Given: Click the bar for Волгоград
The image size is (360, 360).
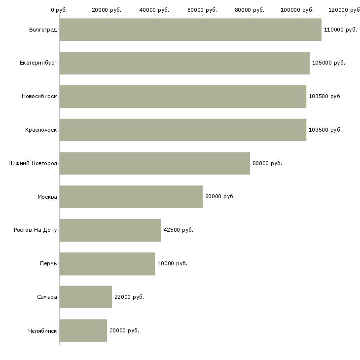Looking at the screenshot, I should [x=190, y=30].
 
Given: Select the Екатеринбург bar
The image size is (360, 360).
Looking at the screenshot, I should [x=184, y=63].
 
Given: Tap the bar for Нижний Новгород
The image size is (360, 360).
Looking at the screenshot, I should [x=154, y=163].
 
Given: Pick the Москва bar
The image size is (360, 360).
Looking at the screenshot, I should [x=131, y=197].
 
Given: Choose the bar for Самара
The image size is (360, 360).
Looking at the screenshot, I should [x=85, y=297].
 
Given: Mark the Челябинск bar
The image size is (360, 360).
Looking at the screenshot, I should [x=83, y=330].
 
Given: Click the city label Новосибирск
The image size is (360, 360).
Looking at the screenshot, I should [x=39, y=97].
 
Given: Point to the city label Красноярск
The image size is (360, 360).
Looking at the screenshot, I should [x=41, y=130].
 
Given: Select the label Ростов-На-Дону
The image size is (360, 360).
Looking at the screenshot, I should [x=36, y=230].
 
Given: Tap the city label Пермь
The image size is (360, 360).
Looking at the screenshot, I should [x=48, y=263].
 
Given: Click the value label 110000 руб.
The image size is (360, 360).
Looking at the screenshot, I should [x=340, y=30].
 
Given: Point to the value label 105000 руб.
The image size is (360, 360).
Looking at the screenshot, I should [x=328, y=63].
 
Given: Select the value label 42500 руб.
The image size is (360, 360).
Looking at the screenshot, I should [x=178, y=230].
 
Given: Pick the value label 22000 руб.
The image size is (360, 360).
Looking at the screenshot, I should [x=129, y=297].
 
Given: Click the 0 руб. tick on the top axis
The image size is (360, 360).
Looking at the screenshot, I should [x=59, y=10].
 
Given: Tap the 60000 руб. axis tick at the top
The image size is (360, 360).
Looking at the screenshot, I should [x=202, y=10].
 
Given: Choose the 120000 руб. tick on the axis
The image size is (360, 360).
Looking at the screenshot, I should [x=345, y=10].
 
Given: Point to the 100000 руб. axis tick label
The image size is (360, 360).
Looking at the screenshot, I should [x=297, y=10].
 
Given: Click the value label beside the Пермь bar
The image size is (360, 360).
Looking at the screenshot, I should [x=172, y=263].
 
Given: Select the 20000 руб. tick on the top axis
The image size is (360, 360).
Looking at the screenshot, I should [x=107, y=10].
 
